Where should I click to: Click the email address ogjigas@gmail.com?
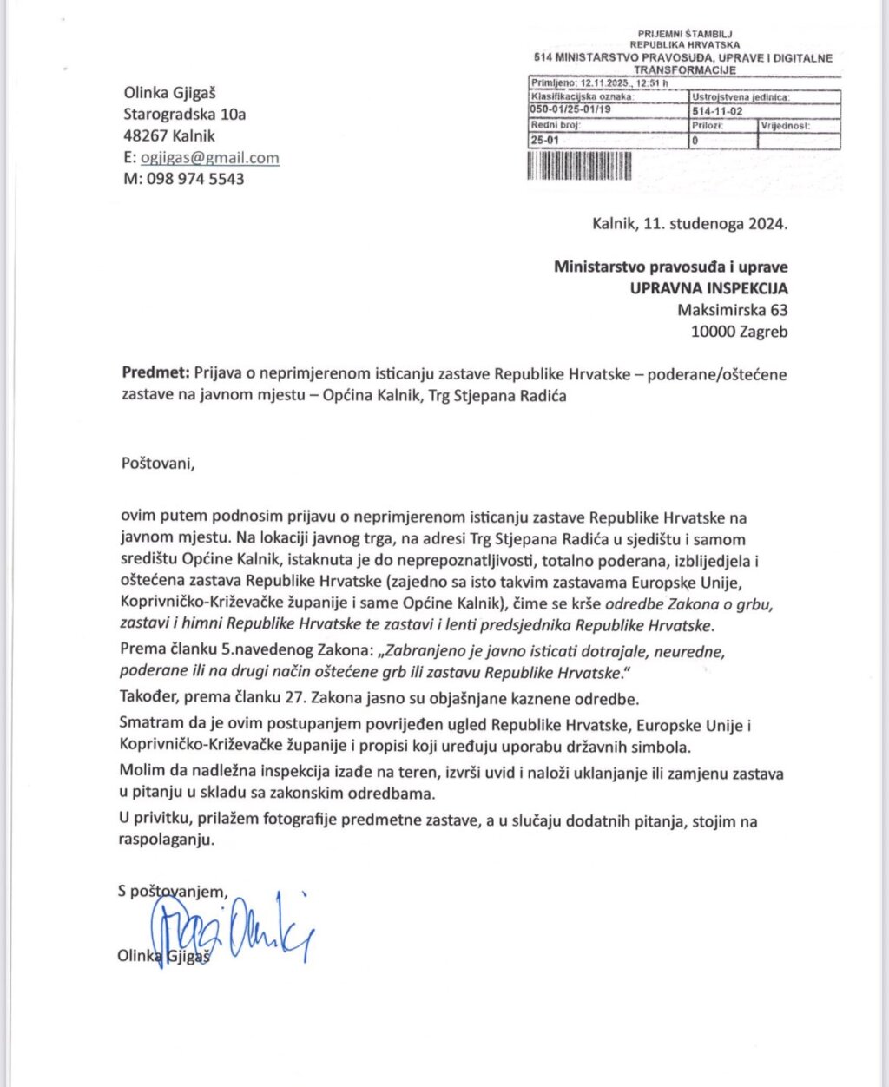pyautogui.click(x=209, y=158)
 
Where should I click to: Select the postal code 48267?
pyautogui.click(x=146, y=136)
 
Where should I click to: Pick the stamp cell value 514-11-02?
pyautogui.click(x=718, y=111)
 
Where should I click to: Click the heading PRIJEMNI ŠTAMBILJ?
pyautogui.click(x=685, y=34)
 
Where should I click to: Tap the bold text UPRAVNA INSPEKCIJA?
pyautogui.click(x=709, y=288)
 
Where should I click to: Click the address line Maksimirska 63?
pyautogui.click(x=733, y=310)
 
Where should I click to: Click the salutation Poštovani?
pyautogui.click(x=159, y=462)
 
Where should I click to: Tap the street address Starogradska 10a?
pyautogui.click(x=185, y=115)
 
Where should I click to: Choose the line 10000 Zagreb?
pyautogui.click(x=740, y=332)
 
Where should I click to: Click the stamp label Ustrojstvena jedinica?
pyautogui.click(x=740, y=97)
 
